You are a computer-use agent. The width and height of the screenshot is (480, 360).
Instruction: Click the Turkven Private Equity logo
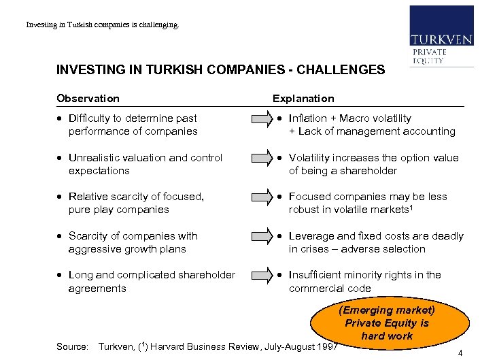coord(441,35)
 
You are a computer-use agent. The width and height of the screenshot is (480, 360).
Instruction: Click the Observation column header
coord(88,99)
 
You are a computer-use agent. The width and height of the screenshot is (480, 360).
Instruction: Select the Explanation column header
coord(303,99)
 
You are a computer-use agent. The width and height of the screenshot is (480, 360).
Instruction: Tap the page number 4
coord(460,353)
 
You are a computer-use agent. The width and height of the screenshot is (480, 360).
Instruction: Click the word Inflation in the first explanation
coord(309,118)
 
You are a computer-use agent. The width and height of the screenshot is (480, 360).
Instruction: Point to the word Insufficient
coord(316,275)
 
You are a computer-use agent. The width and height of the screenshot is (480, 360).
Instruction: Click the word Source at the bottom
coord(71,346)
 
